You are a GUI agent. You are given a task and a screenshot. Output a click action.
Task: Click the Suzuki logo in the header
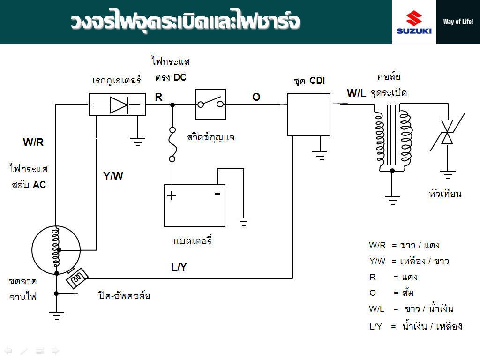[414, 22]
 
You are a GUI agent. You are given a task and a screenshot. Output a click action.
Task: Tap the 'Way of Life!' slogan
[458, 22]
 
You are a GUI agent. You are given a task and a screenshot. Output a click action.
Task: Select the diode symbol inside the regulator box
[118, 105]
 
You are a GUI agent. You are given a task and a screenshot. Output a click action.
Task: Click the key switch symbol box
[210, 104]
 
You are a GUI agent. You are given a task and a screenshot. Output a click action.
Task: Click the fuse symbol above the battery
[172, 144]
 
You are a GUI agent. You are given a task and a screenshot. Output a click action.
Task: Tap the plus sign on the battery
[172, 195]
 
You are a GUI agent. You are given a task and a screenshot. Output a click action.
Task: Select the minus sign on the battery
[217, 193]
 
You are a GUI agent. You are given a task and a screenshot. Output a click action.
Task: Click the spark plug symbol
[448, 132]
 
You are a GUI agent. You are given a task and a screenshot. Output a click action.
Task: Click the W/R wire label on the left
[33, 143]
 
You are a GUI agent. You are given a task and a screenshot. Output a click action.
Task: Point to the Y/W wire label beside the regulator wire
[113, 176]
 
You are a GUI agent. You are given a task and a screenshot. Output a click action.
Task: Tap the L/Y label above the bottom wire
[179, 267]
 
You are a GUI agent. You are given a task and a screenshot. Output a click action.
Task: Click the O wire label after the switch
[256, 97]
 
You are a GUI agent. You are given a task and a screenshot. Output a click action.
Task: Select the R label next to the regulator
[159, 97]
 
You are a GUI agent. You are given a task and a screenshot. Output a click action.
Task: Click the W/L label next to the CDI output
[356, 93]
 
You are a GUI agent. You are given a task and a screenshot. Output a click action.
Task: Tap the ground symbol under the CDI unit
[321, 155]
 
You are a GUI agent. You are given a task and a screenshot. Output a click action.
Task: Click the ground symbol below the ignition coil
[392, 200]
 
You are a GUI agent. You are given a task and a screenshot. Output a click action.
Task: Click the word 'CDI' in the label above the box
[317, 81]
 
